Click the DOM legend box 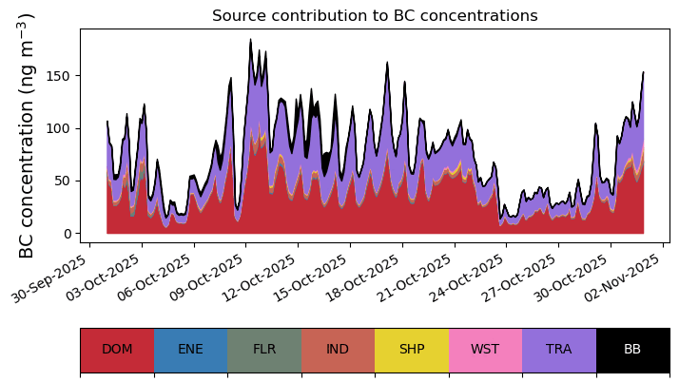coord(117,350)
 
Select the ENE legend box coord(191,350)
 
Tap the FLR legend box coord(264,350)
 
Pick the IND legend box coord(339,350)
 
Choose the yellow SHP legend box coord(412,350)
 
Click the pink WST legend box coord(485,350)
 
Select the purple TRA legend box coord(559,350)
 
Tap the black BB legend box coord(633,350)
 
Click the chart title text coord(375,15)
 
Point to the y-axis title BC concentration coord(27,136)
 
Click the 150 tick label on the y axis coord(60,76)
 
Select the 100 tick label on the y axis coord(60,128)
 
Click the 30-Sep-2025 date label coord(48,278)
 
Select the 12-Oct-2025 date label coord(258,278)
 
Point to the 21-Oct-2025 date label coord(415,278)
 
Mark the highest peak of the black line coord(250,39)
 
